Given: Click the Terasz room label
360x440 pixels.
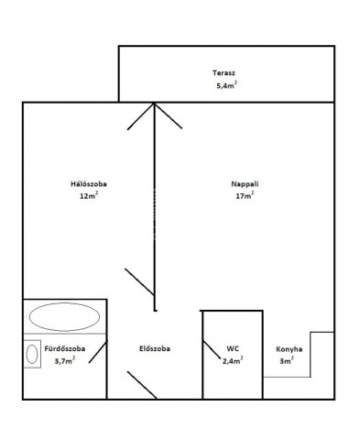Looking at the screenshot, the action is (224, 73).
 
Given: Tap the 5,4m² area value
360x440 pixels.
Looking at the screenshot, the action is (226, 85).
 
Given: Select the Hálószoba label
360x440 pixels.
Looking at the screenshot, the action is (89, 184).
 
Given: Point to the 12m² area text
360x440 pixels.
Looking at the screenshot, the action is (89, 195).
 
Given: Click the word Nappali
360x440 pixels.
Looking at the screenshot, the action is (245, 184).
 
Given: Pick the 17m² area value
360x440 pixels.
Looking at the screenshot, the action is (245, 195).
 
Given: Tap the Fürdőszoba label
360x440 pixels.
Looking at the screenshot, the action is (65, 348).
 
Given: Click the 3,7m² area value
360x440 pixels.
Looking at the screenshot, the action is (65, 360).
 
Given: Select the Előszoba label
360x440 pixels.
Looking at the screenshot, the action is (155, 348).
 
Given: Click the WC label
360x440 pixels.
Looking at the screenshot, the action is (233, 348).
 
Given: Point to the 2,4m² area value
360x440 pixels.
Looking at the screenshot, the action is (233, 360).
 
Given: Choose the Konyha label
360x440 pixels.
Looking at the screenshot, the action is (289, 349).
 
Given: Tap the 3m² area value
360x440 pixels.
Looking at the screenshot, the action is (287, 361).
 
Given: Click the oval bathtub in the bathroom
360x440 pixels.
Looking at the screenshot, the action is (64, 317).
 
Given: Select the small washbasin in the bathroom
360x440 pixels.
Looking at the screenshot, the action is (32, 354).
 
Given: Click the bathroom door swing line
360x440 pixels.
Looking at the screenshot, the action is (98, 352).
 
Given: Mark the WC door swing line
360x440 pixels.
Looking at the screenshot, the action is (212, 349).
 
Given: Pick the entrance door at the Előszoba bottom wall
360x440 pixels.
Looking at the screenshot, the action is (142, 385).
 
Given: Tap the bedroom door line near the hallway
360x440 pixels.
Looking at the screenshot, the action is (139, 281).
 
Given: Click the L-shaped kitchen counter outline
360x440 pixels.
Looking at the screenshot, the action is (311, 355).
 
